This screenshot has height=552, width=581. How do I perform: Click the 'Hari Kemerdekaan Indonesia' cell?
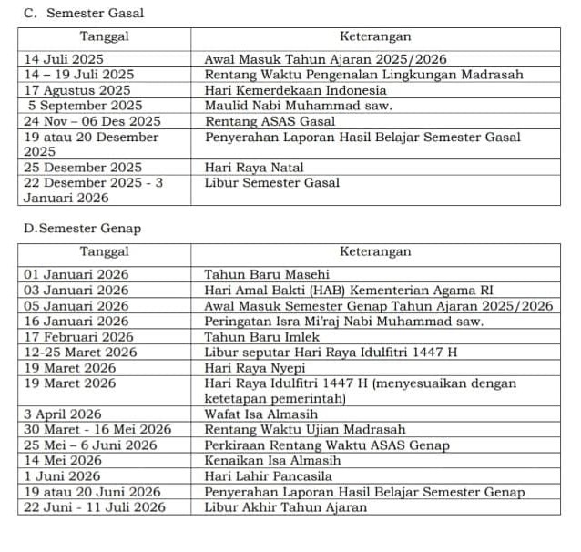pos(295,90)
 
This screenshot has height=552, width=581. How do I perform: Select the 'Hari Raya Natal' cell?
pos(254,168)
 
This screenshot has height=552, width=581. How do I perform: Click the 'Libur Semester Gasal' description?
pos(271,183)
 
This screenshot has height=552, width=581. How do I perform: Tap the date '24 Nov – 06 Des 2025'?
pos(92,121)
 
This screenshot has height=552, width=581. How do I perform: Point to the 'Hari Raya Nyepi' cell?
pos(255,368)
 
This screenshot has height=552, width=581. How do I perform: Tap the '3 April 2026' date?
pos(63,414)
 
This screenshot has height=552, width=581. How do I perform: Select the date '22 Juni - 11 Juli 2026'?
pos(95,507)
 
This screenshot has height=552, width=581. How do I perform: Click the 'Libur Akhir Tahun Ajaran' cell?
pos(286,507)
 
